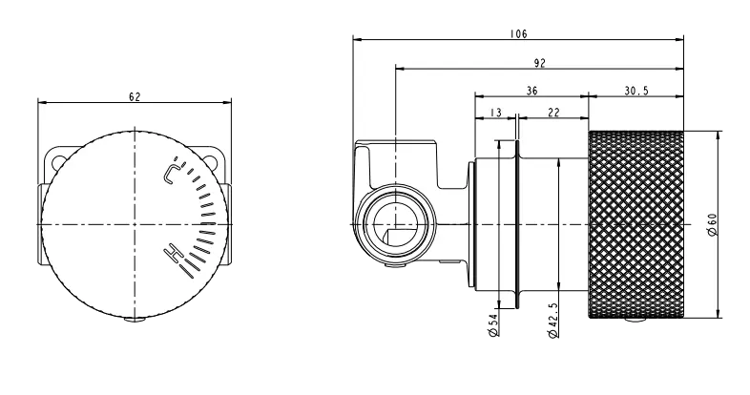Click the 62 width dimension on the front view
coord(135,97)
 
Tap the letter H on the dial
coord(173,253)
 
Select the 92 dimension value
coord(539,63)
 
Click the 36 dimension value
coord(531,91)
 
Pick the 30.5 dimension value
coord(636,91)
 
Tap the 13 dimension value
coord(494,113)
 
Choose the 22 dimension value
coord(553,113)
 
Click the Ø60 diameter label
coord(711,224)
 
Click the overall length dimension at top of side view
coord(521,35)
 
